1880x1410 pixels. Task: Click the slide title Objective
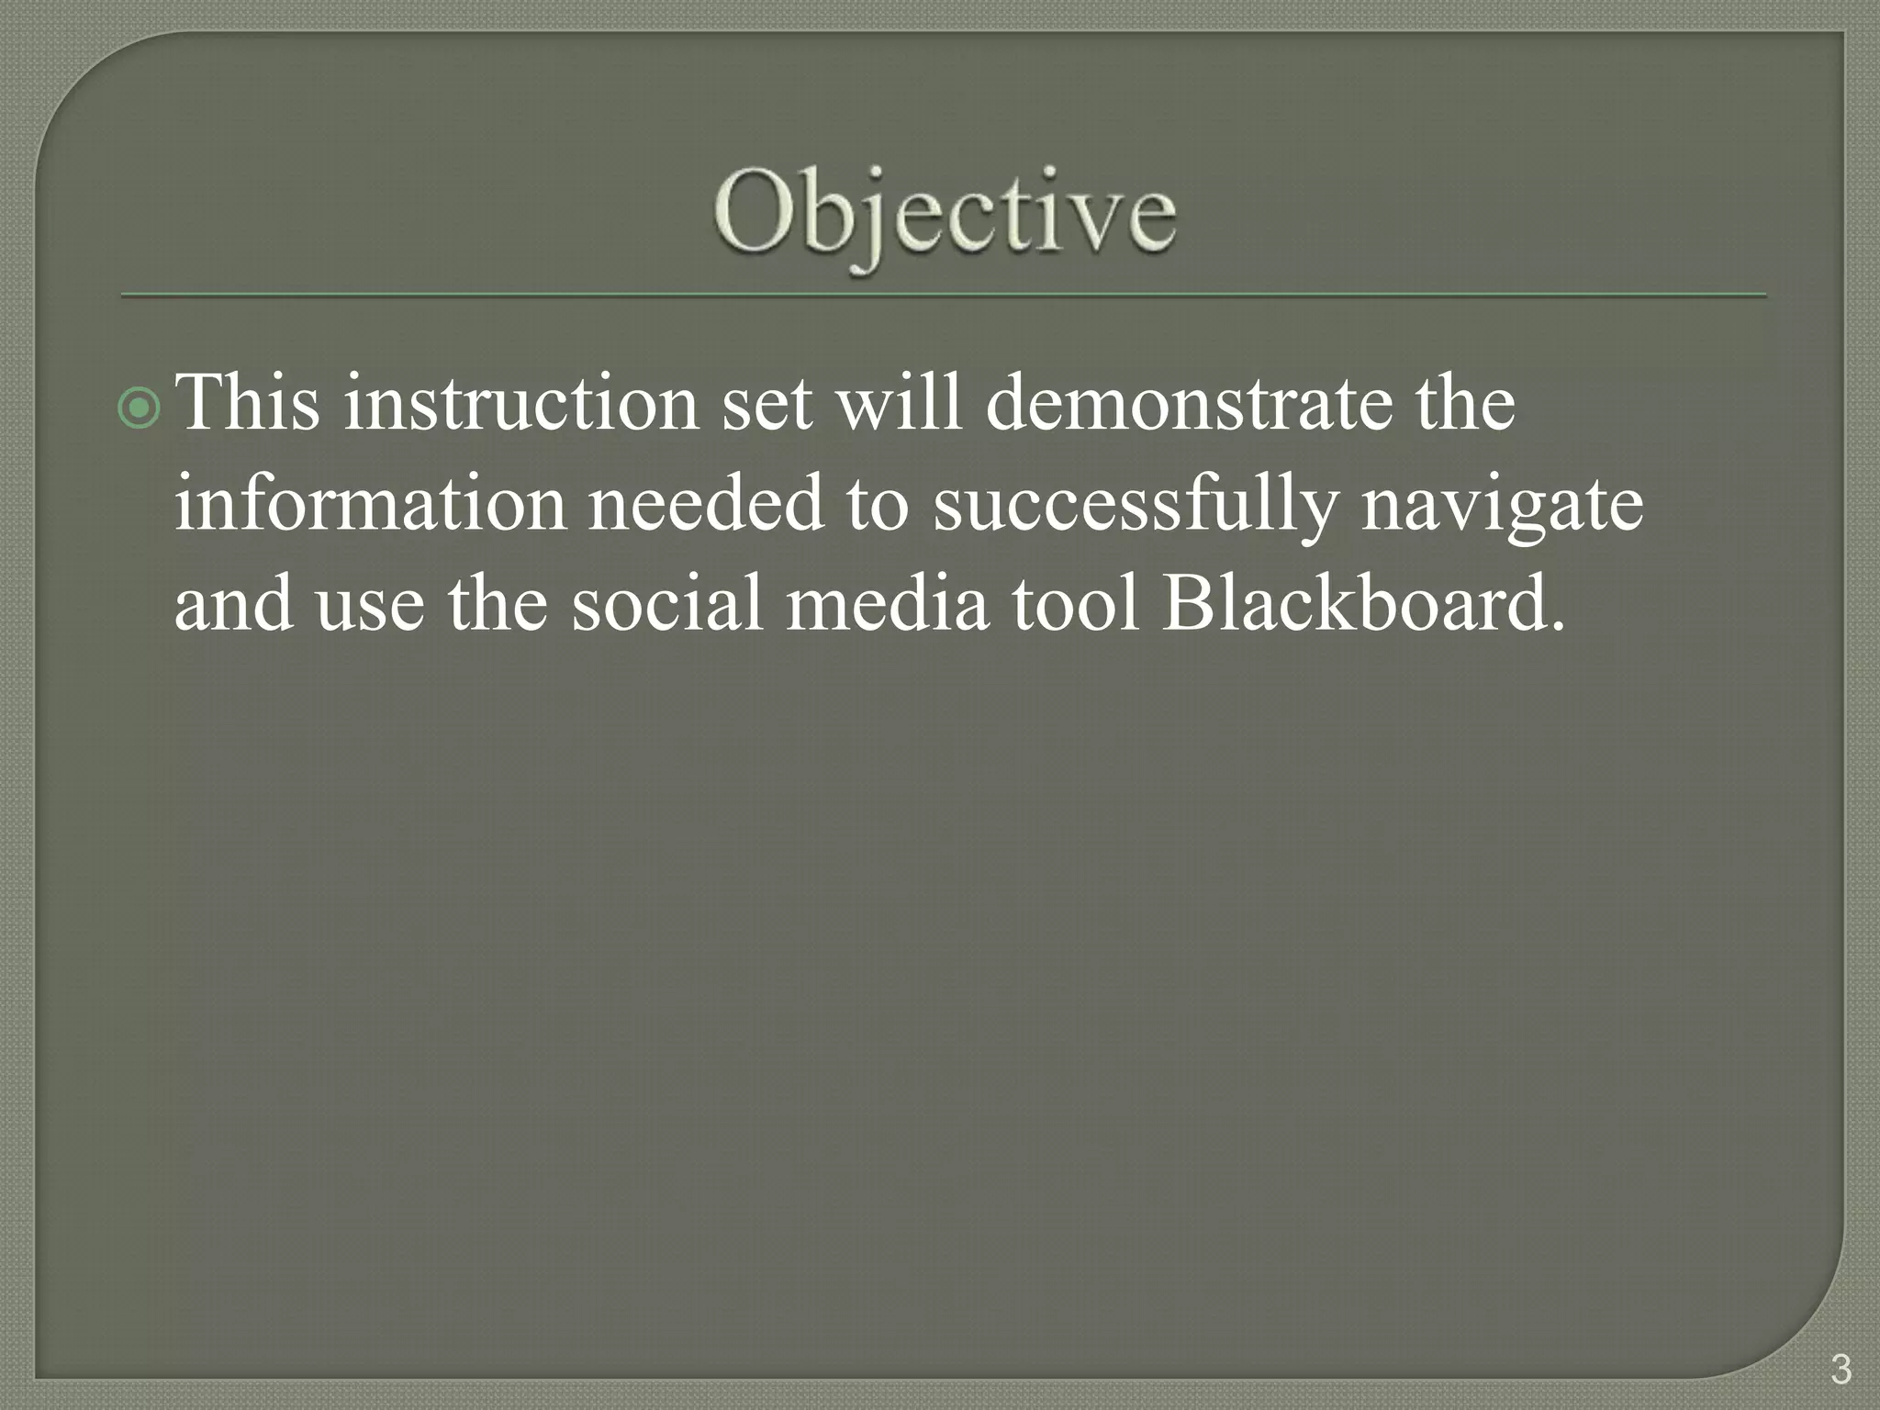pos(945,214)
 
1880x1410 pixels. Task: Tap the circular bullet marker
pos(140,408)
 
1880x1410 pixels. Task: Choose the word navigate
pos(1503,505)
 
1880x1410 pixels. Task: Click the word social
pos(667,603)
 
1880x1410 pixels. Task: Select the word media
pos(888,603)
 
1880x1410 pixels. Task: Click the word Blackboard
pos(1363,603)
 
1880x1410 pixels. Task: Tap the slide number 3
pos(1840,1370)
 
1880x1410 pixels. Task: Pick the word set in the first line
pos(767,404)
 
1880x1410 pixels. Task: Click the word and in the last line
pos(234,603)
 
